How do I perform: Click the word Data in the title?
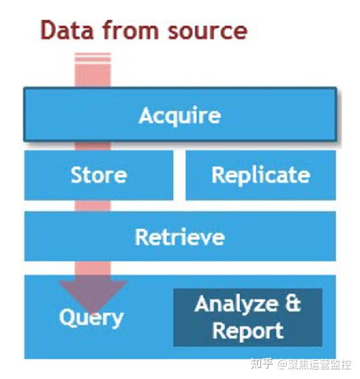click(x=67, y=30)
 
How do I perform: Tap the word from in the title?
click(x=131, y=30)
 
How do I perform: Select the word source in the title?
click(x=208, y=31)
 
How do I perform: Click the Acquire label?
click(x=179, y=115)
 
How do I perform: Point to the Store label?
click(x=98, y=175)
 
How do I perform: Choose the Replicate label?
click(x=261, y=175)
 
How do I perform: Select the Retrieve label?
click(x=179, y=237)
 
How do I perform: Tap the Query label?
click(x=91, y=318)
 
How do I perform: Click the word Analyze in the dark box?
click(x=236, y=304)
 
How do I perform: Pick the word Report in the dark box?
click(x=248, y=331)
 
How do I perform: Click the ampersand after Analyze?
click(x=293, y=303)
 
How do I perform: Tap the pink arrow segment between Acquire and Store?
click(x=93, y=146)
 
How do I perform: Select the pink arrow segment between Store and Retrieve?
click(x=93, y=206)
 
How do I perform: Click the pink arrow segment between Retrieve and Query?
click(x=93, y=268)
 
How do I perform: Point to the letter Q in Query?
click(x=67, y=317)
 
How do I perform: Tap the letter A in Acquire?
click(x=146, y=115)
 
